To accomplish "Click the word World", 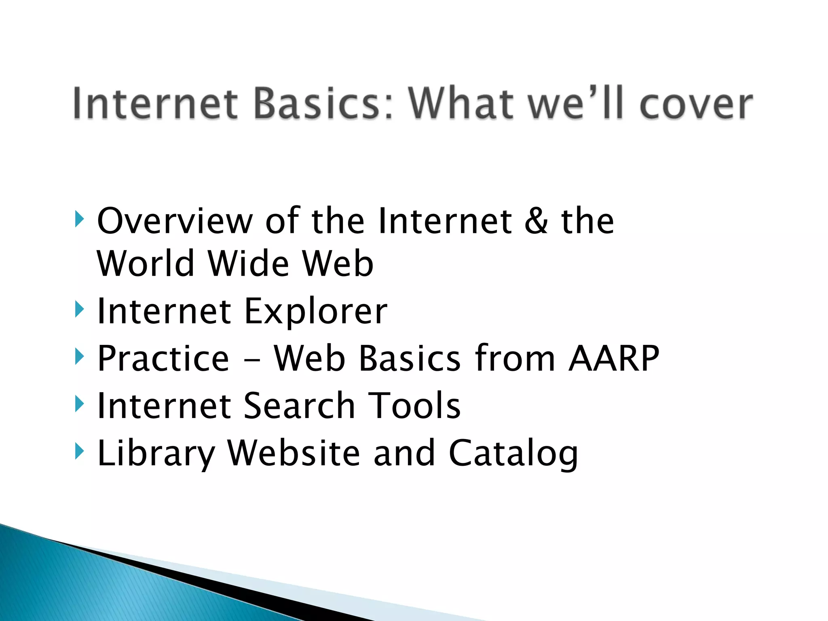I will pos(146,264).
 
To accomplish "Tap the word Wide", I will pos(248,264).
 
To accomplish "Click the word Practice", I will pos(163,358).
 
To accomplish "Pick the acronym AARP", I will pos(614,358).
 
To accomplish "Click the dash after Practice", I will pos(251,360).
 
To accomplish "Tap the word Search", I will pos(299,406).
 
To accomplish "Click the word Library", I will pos(156,454).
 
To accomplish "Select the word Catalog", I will pos(513,454).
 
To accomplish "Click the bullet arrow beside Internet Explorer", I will pos(80,310).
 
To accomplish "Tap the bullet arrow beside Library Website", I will pos(80,451).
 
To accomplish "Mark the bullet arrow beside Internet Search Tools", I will pos(80,404).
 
